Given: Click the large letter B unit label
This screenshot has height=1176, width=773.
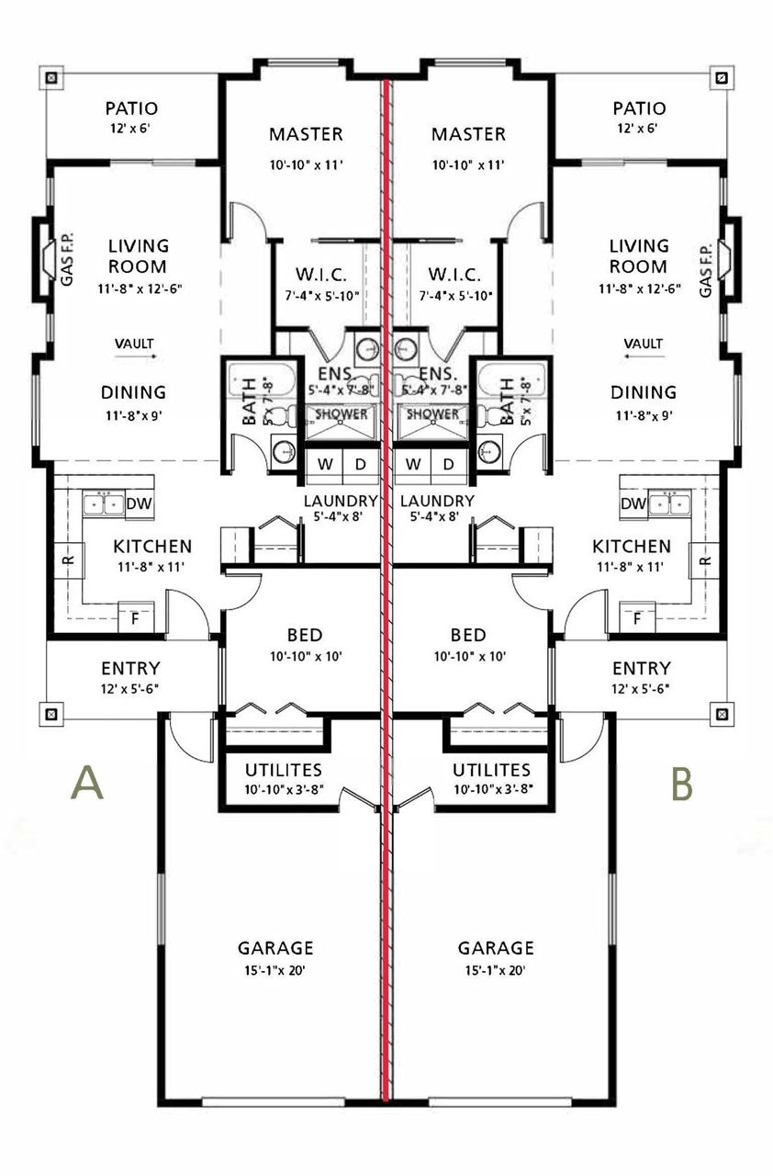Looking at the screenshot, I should (681, 783).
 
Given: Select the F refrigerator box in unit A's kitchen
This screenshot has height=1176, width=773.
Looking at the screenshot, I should (135, 618).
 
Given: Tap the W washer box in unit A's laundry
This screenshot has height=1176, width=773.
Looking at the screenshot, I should (324, 464).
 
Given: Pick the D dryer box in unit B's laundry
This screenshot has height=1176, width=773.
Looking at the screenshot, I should (448, 464).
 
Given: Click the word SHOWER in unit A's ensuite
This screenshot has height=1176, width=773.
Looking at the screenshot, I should (342, 413).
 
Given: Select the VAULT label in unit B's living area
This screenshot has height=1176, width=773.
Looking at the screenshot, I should (643, 344).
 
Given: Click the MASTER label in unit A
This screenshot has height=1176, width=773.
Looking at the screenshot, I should (306, 134).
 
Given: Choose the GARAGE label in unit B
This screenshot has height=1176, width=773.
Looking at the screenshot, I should (496, 948).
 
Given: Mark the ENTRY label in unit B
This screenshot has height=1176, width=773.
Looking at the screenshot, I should (641, 668).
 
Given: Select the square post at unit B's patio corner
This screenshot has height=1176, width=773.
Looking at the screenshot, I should (722, 78).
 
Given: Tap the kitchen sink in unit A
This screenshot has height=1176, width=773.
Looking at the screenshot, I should (103, 503).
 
